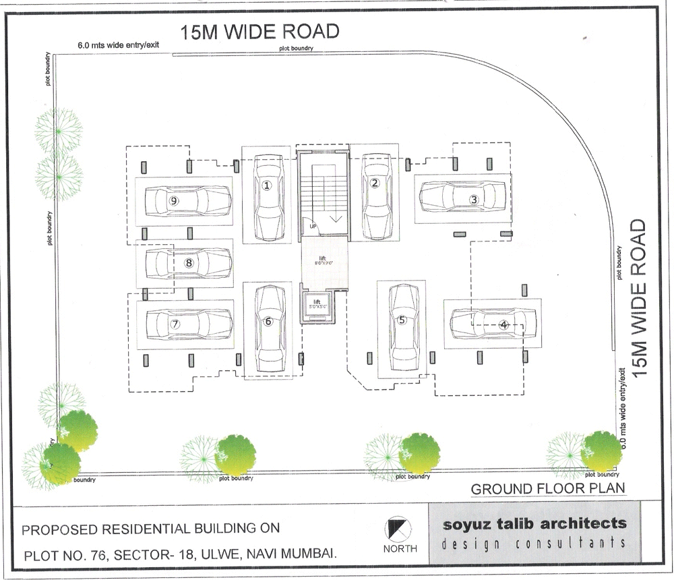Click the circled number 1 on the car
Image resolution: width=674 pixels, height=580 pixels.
(x=267, y=185)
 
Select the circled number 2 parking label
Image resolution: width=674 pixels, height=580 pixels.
(x=375, y=182)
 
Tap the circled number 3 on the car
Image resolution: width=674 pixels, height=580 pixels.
(x=474, y=199)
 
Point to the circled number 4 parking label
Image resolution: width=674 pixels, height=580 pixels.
(x=503, y=324)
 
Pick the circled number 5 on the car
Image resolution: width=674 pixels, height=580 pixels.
(x=402, y=320)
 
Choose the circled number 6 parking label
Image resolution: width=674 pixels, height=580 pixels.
(x=268, y=322)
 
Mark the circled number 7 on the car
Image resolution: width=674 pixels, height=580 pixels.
(x=175, y=324)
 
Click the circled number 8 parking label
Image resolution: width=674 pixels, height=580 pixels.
(x=189, y=263)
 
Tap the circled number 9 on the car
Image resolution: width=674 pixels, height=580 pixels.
(x=174, y=200)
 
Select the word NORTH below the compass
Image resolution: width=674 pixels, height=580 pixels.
(x=400, y=548)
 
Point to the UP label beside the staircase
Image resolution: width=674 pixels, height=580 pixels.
(x=313, y=226)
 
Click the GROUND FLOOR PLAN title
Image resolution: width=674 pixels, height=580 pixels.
(x=548, y=488)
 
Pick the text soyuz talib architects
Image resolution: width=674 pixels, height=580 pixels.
(x=534, y=524)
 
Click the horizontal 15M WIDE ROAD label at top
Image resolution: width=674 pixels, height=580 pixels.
(x=259, y=32)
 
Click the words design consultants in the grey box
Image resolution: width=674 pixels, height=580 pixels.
(x=534, y=544)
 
